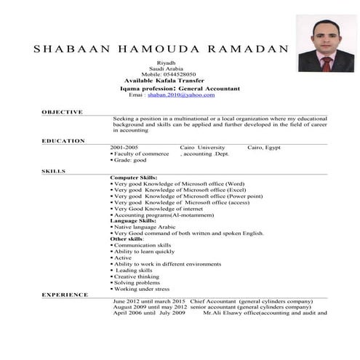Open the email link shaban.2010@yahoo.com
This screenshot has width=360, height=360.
click(x=180, y=95)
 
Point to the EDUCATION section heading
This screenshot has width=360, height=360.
click(x=63, y=140)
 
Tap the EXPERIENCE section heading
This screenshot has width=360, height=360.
click(x=65, y=295)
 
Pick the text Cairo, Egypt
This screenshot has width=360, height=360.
click(x=264, y=148)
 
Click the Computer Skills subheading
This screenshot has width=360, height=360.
click(x=134, y=177)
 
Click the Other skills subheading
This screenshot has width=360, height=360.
click(x=127, y=239)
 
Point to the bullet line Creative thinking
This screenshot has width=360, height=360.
click(x=136, y=276)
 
